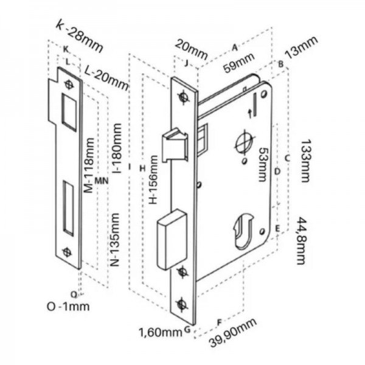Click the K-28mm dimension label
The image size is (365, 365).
click(x=78, y=34)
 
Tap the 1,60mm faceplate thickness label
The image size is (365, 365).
click(x=160, y=332)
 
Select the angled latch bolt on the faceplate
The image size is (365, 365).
click(x=175, y=144)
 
